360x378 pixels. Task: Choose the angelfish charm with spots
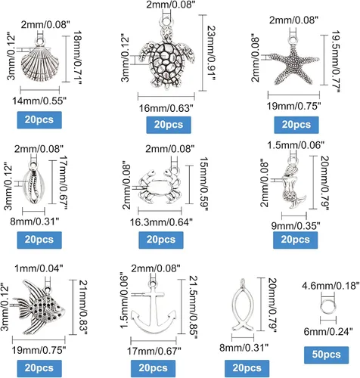click(39, 308)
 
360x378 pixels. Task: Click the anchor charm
click(154, 308)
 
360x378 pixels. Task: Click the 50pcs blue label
click(326, 355)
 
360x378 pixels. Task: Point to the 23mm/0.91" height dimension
click(211, 53)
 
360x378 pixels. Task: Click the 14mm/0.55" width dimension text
click(39, 101)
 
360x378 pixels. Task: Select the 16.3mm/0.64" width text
click(161, 222)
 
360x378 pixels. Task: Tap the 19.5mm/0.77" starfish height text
click(336, 62)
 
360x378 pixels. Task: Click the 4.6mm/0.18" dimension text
click(331, 286)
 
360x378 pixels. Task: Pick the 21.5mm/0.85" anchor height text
click(194, 308)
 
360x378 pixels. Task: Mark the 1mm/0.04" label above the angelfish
click(39, 268)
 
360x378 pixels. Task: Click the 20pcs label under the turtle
click(169, 125)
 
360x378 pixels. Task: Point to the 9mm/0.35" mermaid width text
click(296, 226)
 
